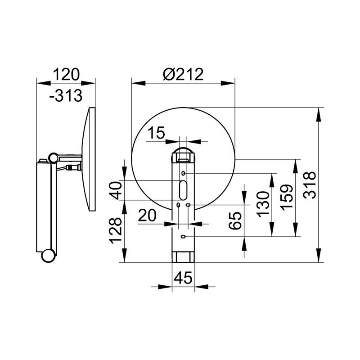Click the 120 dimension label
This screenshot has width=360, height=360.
coord(66,74)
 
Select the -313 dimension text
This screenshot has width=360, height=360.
coord(66,95)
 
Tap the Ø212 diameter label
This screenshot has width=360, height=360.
coord(183,74)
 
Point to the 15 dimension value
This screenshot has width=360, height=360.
coord(156,132)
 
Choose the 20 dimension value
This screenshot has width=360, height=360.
coord(148,216)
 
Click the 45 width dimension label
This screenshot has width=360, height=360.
coord(183,278)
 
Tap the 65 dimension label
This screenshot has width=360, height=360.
coord(235,220)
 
